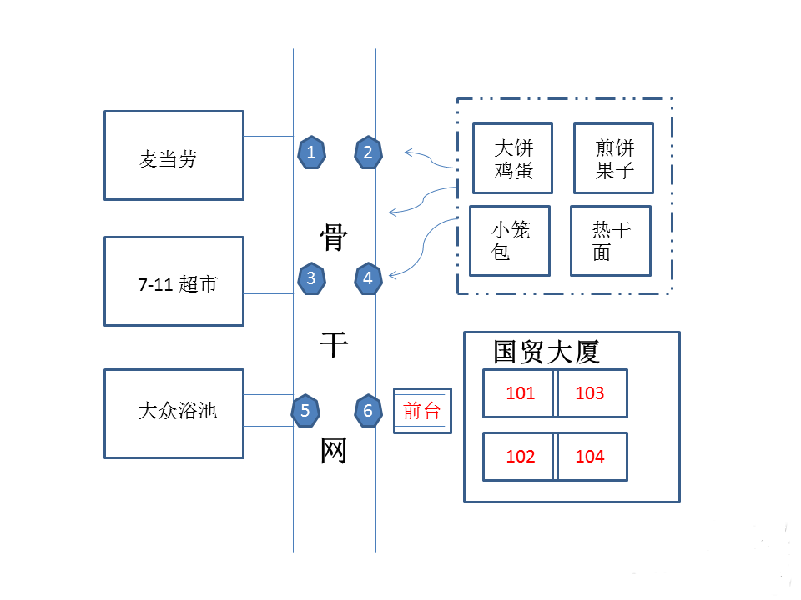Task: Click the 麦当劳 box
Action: [x=174, y=156]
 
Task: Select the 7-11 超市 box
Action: [x=174, y=282]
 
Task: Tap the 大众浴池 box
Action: [x=174, y=413]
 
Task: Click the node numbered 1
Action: [x=311, y=152]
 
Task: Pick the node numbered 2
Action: [x=368, y=152]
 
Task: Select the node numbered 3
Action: [x=311, y=278]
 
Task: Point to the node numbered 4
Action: [x=368, y=278]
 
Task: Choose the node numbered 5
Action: [x=305, y=410]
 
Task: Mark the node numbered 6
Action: [x=368, y=410]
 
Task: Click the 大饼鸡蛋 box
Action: [x=513, y=158]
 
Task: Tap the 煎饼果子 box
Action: [x=613, y=158]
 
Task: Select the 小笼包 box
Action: [x=510, y=241]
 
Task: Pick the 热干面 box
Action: [x=610, y=241]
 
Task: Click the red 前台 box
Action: [x=422, y=411]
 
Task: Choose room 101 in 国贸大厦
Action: [x=519, y=393]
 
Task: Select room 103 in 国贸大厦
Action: [x=591, y=393]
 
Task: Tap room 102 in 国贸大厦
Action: [x=519, y=457]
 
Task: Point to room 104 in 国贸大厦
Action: [x=591, y=457]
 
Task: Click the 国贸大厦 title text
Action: [x=547, y=352]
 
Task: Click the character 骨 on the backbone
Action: [x=334, y=237]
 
